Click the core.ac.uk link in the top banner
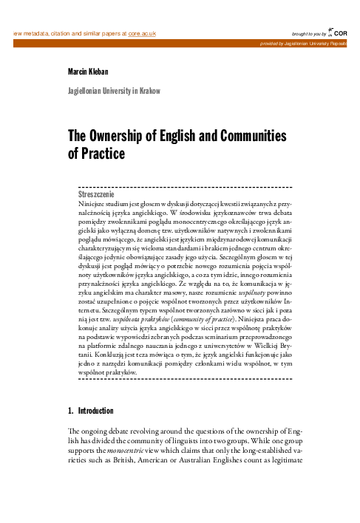pyautogui.click(x=143, y=33)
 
